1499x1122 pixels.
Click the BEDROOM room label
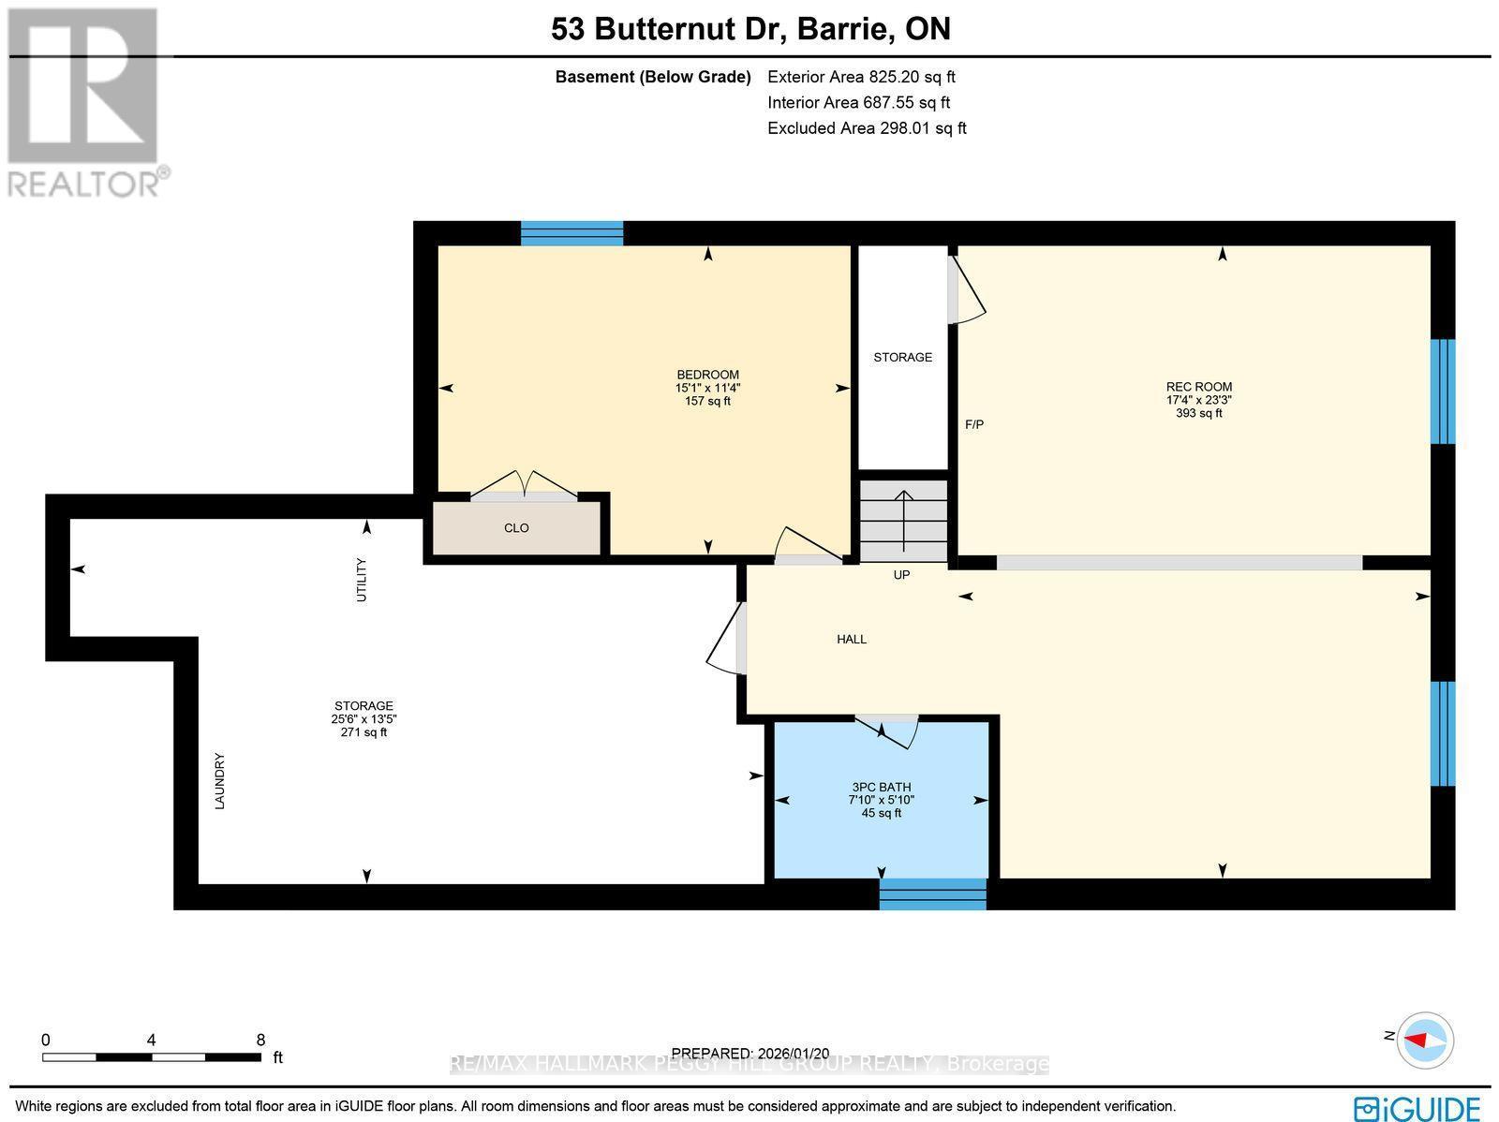point(707,375)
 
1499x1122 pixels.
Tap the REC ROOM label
point(1198,387)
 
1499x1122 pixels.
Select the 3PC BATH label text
point(881,788)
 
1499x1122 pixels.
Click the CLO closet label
point(516,528)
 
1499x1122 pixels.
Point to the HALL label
point(852,640)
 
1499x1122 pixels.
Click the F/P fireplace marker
point(974,425)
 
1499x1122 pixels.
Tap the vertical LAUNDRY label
point(220,781)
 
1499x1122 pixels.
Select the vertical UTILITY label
point(362,580)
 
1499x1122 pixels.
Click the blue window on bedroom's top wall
point(571,233)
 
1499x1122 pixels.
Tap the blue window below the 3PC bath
point(932,893)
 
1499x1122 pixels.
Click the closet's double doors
point(525,484)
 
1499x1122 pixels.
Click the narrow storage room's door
point(965,291)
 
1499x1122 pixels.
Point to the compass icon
point(1425,1040)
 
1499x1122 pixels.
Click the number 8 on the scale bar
point(260,1040)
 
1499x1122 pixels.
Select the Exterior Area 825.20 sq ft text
point(861,78)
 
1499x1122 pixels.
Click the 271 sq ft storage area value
point(364,732)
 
